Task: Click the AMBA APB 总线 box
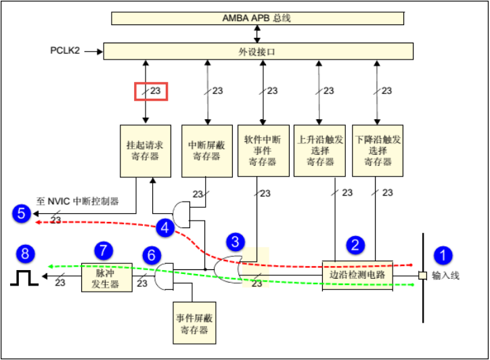click(x=257, y=18)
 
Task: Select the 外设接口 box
click(x=258, y=51)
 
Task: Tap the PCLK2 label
click(x=65, y=50)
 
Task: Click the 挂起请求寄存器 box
click(x=146, y=151)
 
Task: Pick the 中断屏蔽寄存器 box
click(x=207, y=151)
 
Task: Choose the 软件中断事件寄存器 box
click(x=263, y=151)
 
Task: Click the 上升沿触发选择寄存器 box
click(x=319, y=151)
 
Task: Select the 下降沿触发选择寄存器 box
click(x=378, y=151)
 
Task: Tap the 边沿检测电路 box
click(x=357, y=275)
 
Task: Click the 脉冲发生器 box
click(x=106, y=277)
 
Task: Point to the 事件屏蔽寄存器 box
click(x=194, y=323)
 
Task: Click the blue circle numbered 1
click(x=443, y=255)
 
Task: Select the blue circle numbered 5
click(x=22, y=213)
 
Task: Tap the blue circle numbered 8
click(x=25, y=254)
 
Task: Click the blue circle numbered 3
click(x=236, y=242)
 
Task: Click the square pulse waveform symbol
click(x=24, y=278)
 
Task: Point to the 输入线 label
click(x=445, y=275)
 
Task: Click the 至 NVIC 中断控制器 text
click(x=78, y=201)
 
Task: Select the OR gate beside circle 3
click(x=228, y=269)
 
